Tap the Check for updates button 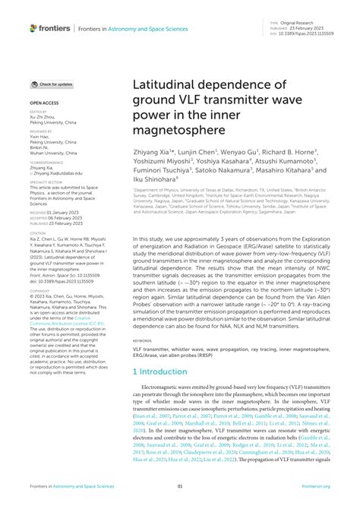click(52, 84)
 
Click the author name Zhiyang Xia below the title click(156, 152)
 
